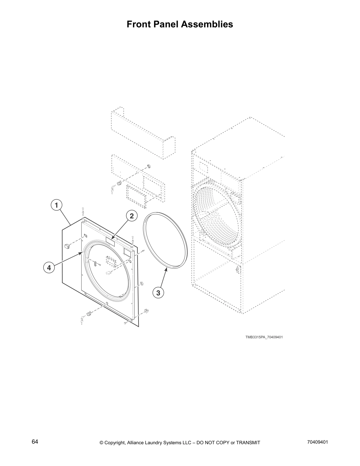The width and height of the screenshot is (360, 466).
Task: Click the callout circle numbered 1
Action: coord(56,205)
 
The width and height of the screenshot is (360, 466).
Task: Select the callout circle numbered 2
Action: coord(132,216)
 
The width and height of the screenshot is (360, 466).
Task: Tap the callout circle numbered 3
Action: coord(158,293)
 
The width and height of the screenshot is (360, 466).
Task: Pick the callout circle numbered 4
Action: coord(49,268)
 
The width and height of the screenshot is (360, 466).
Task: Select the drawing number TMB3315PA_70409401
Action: coord(264,337)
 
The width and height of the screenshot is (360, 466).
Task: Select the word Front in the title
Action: coord(138,24)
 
